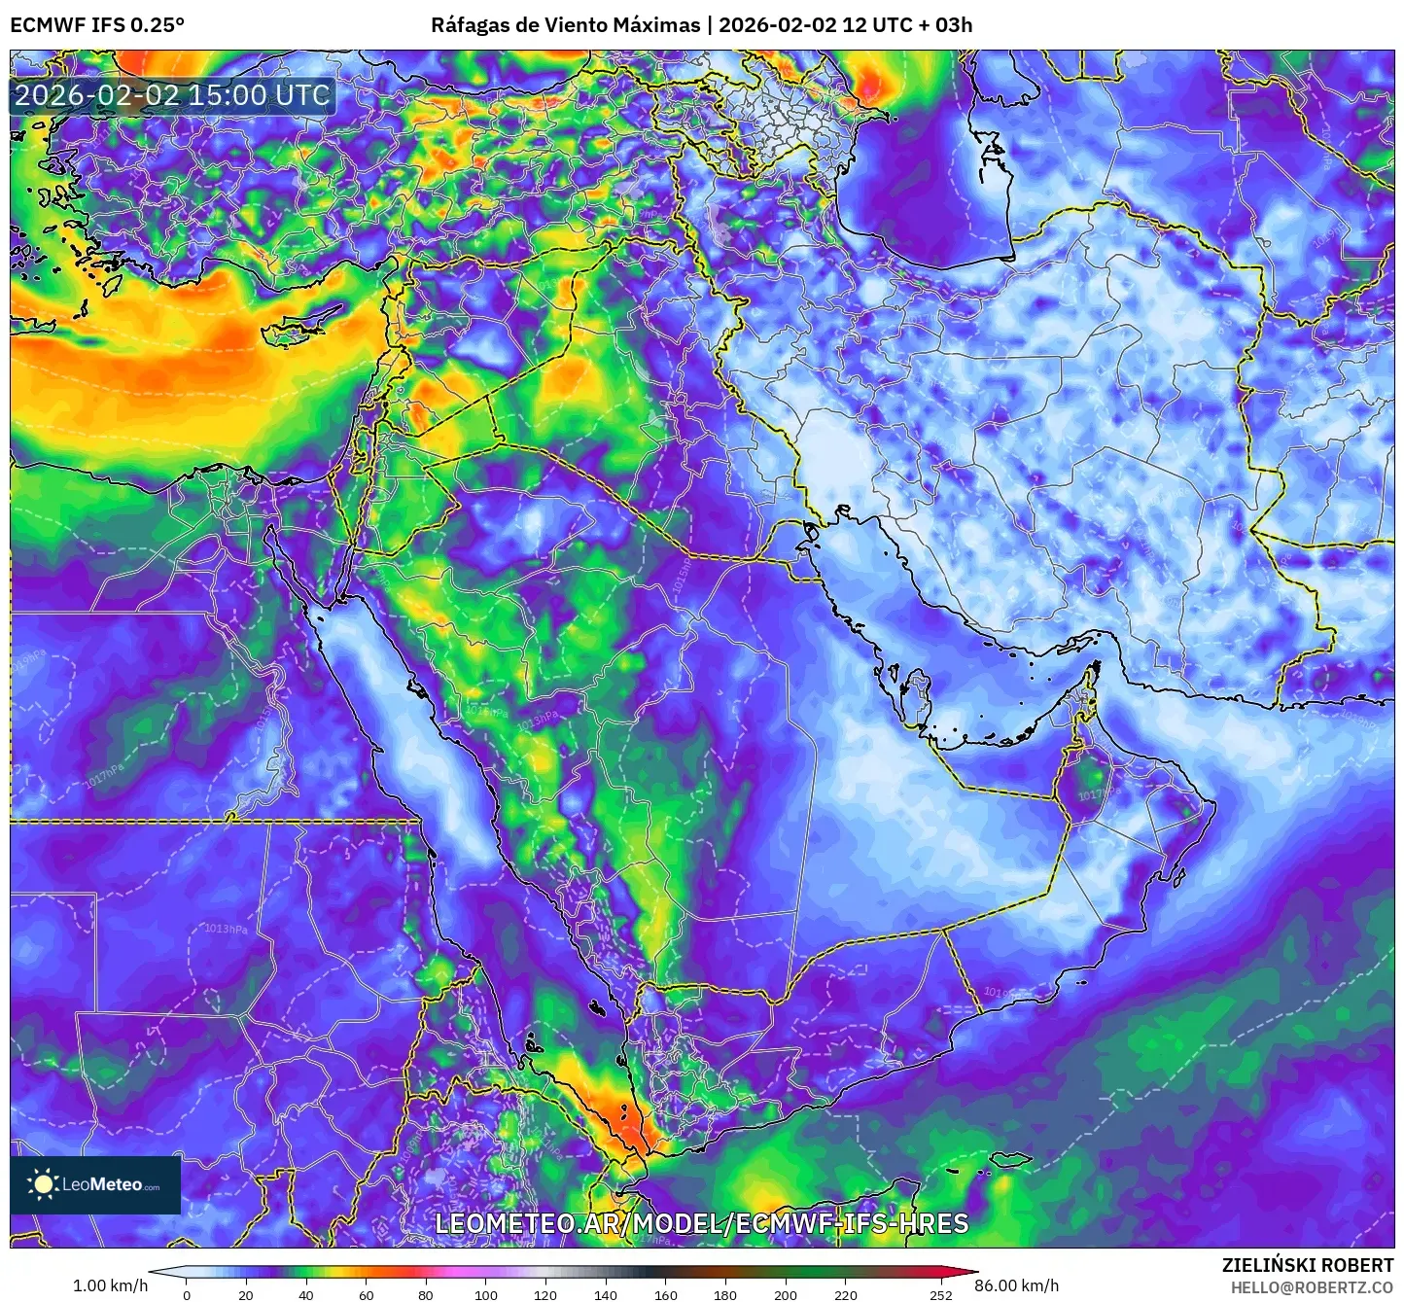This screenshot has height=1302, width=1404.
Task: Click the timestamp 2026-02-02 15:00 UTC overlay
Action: [x=172, y=95]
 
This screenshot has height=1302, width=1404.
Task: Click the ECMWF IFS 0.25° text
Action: [x=97, y=24]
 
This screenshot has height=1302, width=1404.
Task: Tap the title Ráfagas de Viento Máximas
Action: [x=565, y=24]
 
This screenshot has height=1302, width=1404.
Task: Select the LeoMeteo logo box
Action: [x=95, y=1184]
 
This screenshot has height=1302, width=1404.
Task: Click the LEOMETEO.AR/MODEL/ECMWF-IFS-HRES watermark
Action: [x=701, y=1223]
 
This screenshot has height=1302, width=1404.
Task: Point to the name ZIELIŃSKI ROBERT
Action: [x=1307, y=1265]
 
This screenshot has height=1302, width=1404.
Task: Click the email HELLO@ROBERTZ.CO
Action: [x=1312, y=1287]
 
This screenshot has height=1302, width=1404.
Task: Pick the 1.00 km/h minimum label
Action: [x=110, y=1285]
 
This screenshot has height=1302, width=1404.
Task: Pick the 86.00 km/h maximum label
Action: [x=1017, y=1285]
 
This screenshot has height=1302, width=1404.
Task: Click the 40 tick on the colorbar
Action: [x=306, y=1294]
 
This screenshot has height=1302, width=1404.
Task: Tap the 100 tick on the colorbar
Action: [x=485, y=1294]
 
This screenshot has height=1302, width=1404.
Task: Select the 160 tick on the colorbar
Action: [x=665, y=1294]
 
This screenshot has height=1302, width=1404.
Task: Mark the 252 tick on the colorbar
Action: [x=940, y=1294]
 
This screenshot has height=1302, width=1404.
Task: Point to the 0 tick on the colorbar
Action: [x=187, y=1294]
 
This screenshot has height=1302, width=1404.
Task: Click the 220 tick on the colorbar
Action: [x=845, y=1294]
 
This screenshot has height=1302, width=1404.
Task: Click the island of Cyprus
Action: [x=297, y=329]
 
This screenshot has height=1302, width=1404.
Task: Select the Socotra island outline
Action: [x=1011, y=1159]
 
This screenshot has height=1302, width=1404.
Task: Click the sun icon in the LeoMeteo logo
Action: [x=44, y=1184]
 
